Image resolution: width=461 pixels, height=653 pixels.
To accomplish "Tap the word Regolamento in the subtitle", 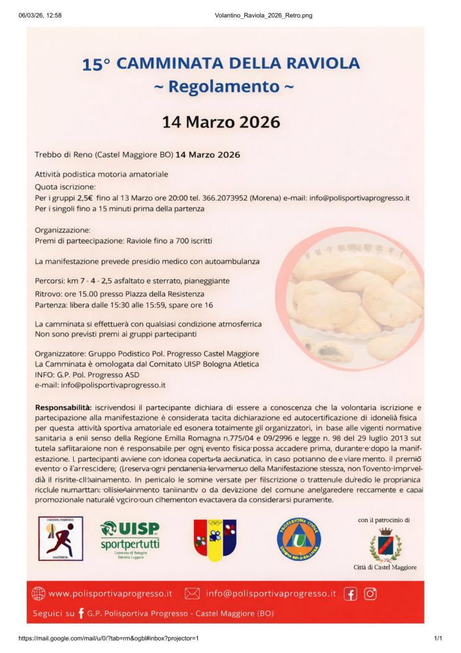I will [224, 86].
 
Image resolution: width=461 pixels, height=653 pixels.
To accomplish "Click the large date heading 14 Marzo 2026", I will [221, 121].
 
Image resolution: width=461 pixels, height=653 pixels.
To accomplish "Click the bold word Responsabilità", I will [63, 407].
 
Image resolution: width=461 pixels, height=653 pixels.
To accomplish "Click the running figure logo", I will [60, 539].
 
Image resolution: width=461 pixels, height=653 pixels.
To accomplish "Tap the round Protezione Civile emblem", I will [298, 539].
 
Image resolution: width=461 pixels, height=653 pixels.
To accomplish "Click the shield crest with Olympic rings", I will [215, 539].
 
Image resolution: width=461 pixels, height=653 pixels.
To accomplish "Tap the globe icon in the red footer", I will [39, 594].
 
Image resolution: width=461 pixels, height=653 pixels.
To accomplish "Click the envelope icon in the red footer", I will [192, 594].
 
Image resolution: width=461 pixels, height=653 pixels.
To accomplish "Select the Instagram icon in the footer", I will [370, 594].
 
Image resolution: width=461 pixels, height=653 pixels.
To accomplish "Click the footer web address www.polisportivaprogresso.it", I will [110, 594].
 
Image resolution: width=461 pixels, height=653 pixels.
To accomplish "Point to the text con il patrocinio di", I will [384, 520].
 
